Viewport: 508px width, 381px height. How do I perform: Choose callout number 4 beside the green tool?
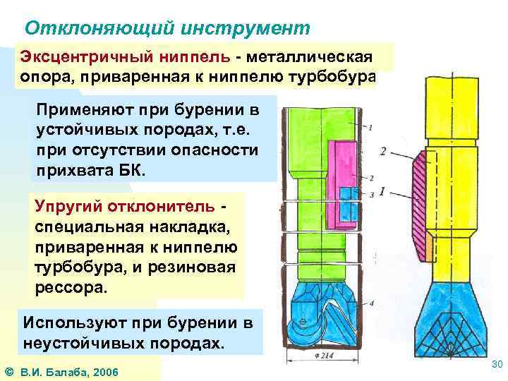coord(370,303)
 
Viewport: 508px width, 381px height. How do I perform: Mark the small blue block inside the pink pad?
coord(349,205)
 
